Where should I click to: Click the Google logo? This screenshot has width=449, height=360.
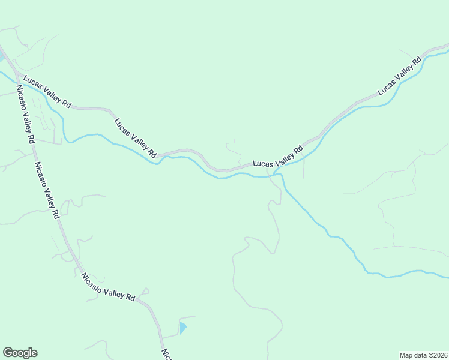pyautogui.click(x=20, y=353)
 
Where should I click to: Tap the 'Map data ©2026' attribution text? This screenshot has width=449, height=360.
pyautogui.click(x=423, y=355)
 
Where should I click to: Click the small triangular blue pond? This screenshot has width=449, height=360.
pyautogui.click(x=182, y=328)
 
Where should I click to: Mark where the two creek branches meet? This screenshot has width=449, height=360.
pyautogui.click(x=277, y=173)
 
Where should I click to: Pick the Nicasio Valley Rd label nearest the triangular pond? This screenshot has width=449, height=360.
pyautogui.click(x=108, y=287)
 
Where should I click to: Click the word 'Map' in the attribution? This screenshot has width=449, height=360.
pyautogui.click(x=407, y=355)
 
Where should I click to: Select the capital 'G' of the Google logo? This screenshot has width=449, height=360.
pyautogui.click(x=8, y=353)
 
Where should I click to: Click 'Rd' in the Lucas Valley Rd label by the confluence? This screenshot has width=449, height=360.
pyautogui.click(x=297, y=149)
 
